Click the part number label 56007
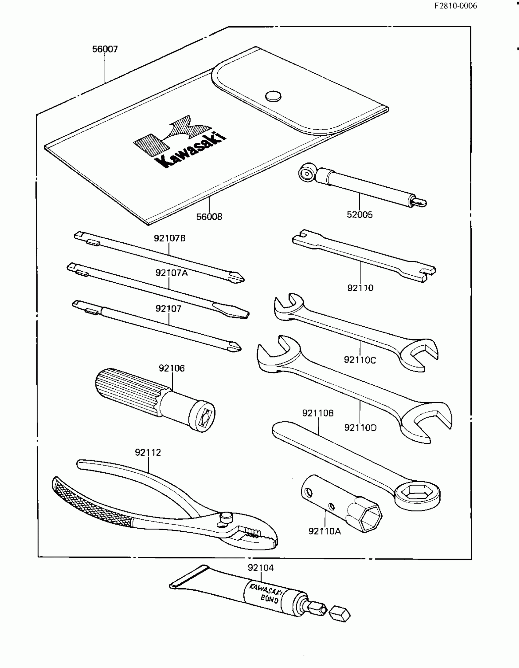105,49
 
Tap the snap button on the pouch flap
273,96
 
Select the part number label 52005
359,215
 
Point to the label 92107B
170,238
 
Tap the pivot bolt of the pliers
226,517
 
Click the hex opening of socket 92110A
370,517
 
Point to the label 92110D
360,428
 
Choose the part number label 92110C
360,360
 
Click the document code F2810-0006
455,6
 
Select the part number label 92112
148,452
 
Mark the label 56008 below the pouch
209,217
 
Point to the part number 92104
261,568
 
